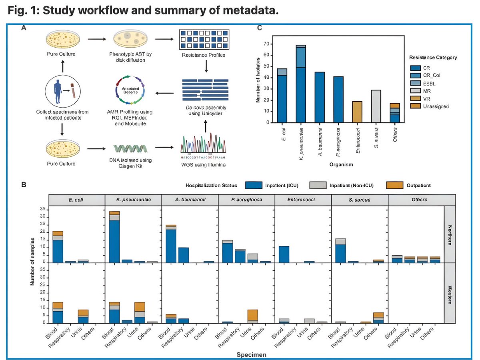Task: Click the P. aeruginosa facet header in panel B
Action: point(246,200)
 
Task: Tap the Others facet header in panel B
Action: point(416,200)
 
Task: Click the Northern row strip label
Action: point(450,234)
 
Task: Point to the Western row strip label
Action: point(450,294)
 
